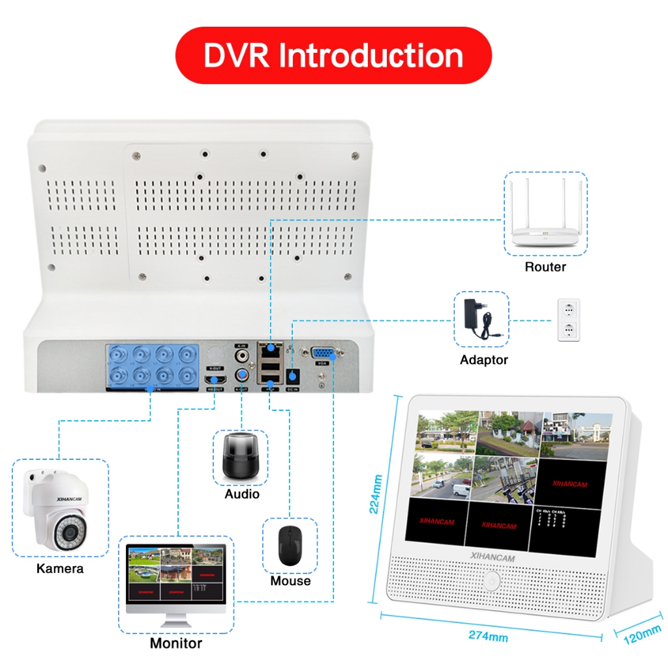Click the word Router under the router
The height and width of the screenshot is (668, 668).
[x=545, y=267]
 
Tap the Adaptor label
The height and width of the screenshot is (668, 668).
[x=483, y=359]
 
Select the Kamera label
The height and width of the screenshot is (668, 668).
[x=60, y=568]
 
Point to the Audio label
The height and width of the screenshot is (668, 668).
[x=242, y=494]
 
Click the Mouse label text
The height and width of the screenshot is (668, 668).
[x=290, y=581]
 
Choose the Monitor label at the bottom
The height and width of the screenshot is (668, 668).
[x=176, y=643]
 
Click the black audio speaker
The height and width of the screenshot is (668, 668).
[x=241, y=456]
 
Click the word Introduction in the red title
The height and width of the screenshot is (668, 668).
[x=371, y=55]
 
